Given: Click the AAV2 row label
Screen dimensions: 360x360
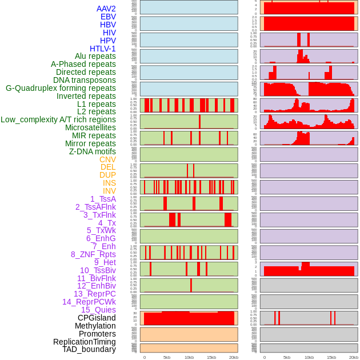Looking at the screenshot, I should (106, 9).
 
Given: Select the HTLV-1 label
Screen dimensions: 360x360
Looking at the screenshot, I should (103, 49).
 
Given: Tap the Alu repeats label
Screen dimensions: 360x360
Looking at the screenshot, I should (95, 57).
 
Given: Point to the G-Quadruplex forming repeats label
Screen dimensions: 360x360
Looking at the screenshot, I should (61, 88).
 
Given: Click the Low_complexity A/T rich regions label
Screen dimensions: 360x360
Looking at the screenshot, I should (58, 119).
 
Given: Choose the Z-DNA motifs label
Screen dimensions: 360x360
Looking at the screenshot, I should (93, 151).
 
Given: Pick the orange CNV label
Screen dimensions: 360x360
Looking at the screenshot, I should (107, 159).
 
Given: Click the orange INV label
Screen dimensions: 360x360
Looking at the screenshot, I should (109, 191).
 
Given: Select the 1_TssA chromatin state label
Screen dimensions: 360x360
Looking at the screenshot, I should (103, 199).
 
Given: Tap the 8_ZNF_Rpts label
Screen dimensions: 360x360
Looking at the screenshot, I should (93, 254).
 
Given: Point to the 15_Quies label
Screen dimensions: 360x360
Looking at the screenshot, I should (98, 310).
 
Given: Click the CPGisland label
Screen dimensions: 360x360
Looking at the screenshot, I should (97, 318).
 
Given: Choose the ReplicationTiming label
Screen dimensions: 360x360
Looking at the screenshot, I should (84, 342).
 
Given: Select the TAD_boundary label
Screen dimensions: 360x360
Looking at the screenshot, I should (89, 349).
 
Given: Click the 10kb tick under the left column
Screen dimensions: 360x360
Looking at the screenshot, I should (189, 357).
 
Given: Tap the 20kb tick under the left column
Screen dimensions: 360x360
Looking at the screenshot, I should (234, 357).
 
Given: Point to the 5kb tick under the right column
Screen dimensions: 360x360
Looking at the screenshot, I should (287, 357).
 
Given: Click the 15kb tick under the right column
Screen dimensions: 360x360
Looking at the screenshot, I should (331, 357).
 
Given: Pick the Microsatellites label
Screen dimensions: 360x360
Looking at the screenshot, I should (90, 127).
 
